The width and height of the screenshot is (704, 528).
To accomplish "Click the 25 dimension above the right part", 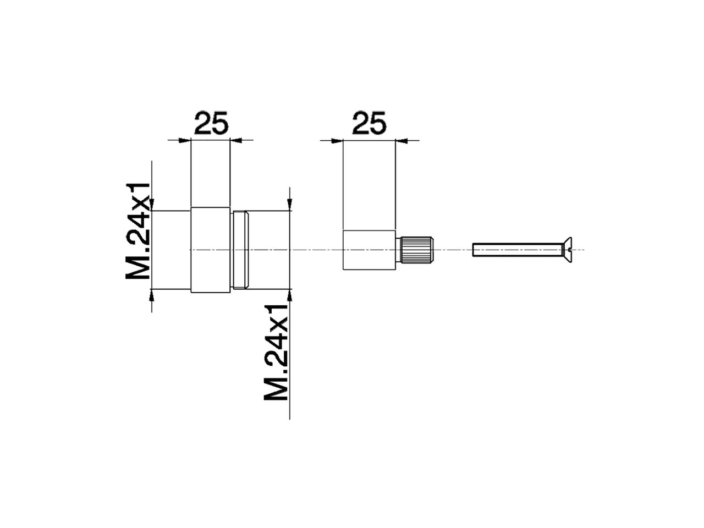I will [369, 124].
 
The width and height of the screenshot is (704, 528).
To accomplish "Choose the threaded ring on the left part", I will [241, 250].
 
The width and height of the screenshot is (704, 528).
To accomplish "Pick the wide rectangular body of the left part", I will [210, 250].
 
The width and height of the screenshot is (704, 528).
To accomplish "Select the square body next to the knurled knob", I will [369, 250].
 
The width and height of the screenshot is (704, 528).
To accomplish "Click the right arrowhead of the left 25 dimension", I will [235, 140].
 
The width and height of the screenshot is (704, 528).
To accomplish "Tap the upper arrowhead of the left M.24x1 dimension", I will [152, 205].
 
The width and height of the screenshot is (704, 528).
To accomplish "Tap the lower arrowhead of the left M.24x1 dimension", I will [152, 295].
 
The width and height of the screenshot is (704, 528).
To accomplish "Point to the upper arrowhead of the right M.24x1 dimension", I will [290, 205].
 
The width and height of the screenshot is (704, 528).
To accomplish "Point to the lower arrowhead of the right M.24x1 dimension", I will [290, 295].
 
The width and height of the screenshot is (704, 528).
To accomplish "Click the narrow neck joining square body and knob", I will [398, 250].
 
